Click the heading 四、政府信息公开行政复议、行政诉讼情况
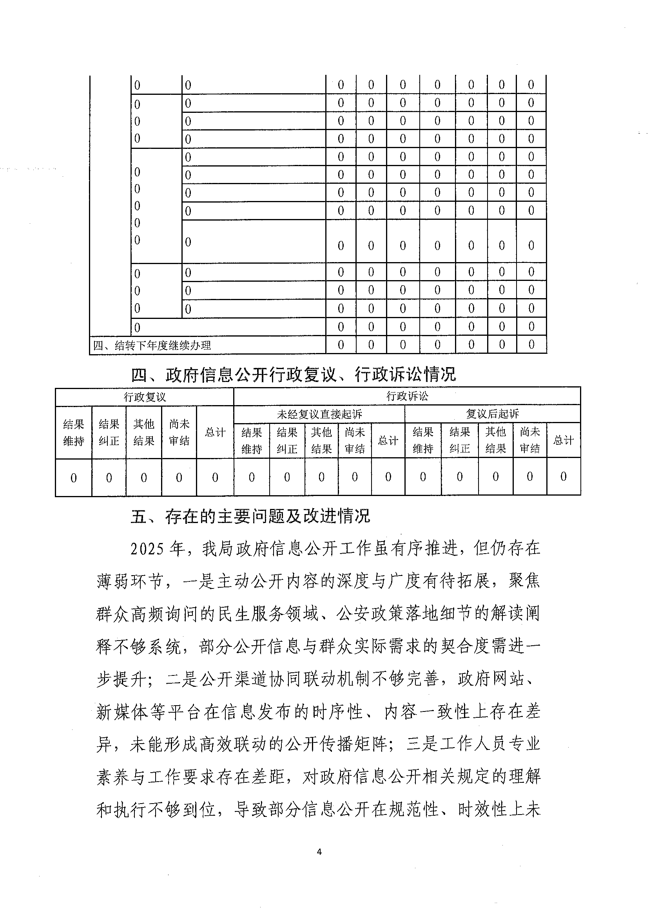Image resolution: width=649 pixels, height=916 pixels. point(293,375)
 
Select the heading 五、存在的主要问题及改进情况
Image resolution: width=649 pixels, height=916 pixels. point(250,516)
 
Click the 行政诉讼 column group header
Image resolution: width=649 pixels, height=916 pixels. point(407,396)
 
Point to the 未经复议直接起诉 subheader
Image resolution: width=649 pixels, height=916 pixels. point(319,414)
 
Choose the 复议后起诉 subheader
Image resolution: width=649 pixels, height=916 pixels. point(492,414)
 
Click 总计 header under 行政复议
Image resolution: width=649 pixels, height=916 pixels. point(215,432)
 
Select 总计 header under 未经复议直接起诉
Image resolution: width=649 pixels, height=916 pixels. point(388,441)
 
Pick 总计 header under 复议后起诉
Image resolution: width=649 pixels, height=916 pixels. point(563,440)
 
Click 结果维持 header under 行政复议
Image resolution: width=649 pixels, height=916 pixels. point(74,433)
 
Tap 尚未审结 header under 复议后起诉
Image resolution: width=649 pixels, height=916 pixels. point(529,440)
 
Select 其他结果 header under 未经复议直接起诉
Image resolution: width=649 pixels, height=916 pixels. point(321,441)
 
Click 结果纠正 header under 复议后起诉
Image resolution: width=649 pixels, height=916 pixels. point(460,440)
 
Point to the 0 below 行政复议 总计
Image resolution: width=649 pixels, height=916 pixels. point(215,477)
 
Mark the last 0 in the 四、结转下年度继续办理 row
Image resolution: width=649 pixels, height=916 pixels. point(531,345)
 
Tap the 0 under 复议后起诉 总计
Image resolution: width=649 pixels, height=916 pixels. point(563,476)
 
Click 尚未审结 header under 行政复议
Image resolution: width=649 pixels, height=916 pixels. point(179,433)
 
